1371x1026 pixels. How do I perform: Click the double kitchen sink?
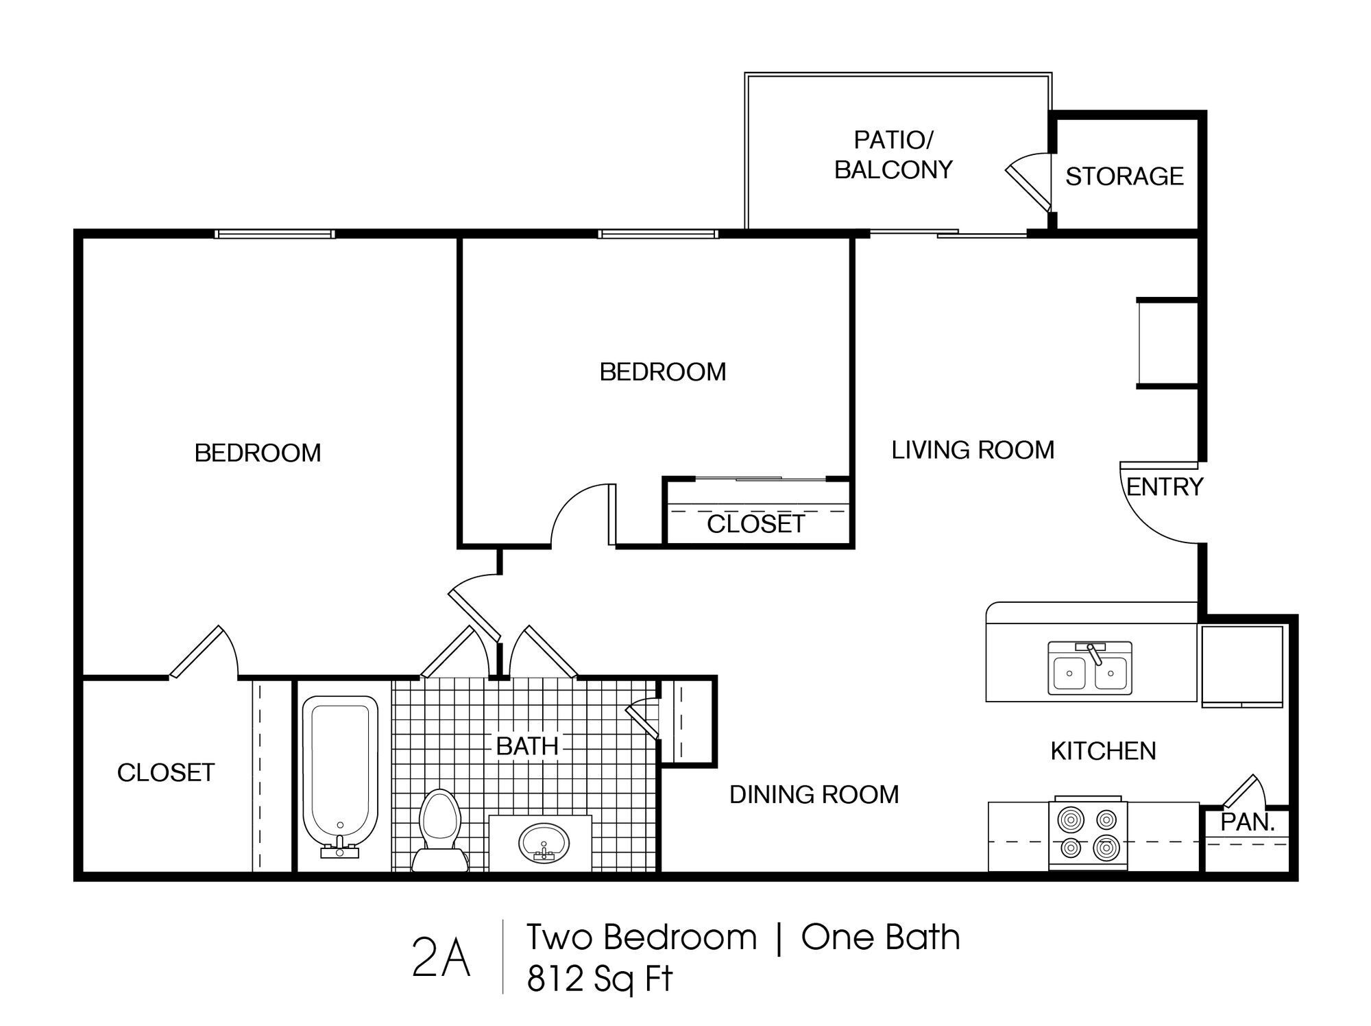click(1089, 668)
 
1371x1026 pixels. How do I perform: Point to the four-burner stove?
click(1088, 835)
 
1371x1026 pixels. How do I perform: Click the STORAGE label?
click(1124, 176)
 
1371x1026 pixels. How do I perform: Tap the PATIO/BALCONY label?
click(893, 155)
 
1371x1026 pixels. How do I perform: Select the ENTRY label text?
click(1165, 487)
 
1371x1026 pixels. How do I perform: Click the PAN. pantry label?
click(1247, 822)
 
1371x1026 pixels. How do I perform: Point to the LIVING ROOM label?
click(973, 450)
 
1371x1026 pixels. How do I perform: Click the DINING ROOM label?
click(814, 794)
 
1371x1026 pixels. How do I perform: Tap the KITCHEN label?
click(1103, 751)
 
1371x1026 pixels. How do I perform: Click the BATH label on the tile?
click(527, 746)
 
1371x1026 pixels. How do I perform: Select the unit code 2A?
click(441, 959)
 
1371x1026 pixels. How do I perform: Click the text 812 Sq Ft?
click(600, 979)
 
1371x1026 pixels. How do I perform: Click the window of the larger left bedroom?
click(275, 234)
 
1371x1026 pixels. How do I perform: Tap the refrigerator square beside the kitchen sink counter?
click(1241, 665)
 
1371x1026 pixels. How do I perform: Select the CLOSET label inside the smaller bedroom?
click(755, 524)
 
